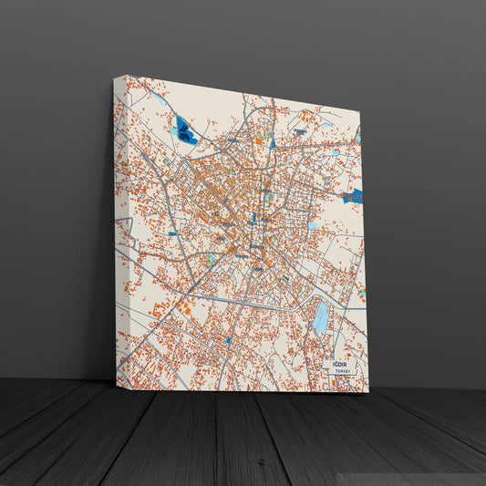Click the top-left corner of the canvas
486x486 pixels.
coord(115,77)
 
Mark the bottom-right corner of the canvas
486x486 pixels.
coord(368,392)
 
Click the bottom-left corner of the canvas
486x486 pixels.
coord(116,379)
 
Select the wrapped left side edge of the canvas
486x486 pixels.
coord(120,228)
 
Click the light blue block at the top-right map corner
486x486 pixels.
coord(357,137)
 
